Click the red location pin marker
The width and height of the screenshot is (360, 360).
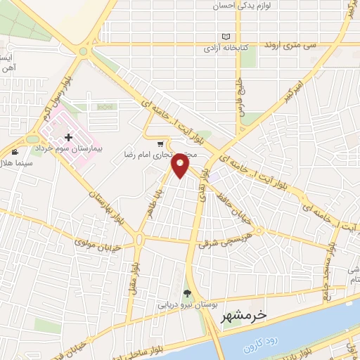click(x=181, y=165)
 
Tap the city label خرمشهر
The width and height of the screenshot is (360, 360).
click(x=244, y=317)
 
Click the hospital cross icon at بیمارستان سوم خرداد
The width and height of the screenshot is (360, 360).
click(x=68, y=138)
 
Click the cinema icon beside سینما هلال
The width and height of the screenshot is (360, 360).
click(x=16, y=152)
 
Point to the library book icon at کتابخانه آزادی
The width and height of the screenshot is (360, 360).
click(x=226, y=37)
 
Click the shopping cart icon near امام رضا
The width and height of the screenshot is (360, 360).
click(x=161, y=144)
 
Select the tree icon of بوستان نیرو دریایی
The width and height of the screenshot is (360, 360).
click(x=187, y=293)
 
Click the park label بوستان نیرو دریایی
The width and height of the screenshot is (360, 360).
click(x=182, y=306)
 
